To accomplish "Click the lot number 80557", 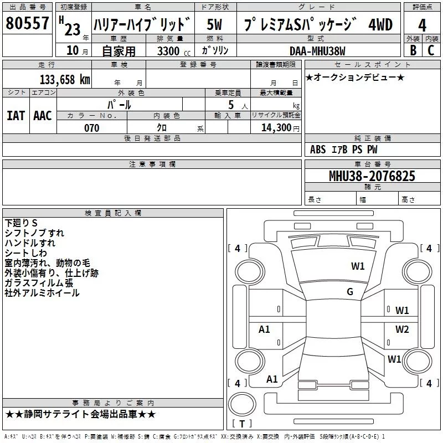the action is (x=27, y=23).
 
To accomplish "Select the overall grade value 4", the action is (x=422, y=25).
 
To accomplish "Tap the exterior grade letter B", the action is (x=413, y=50).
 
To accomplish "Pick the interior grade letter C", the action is (x=431, y=50).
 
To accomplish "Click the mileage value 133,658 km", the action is (x=65, y=79).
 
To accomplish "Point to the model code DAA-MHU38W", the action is (x=317, y=51).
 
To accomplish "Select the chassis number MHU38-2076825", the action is (x=372, y=176).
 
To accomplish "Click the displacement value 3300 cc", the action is (x=174, y=51).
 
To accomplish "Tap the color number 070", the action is (x=92, y=128).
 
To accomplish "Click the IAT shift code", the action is (x=16, y=116).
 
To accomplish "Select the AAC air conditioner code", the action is (x=43, y=116).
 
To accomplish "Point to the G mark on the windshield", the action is (x=350, y=292).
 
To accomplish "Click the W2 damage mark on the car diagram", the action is (x=402, y=329).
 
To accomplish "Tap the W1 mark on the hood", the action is (x=358, y=266).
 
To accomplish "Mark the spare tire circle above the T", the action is (x=242, y=404).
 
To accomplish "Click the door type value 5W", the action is (x=214, y=24).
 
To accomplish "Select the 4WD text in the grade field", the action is (x=380, y=24).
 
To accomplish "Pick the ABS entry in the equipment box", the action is (x=318, y=150).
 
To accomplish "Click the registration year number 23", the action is (x=73, y=29).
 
